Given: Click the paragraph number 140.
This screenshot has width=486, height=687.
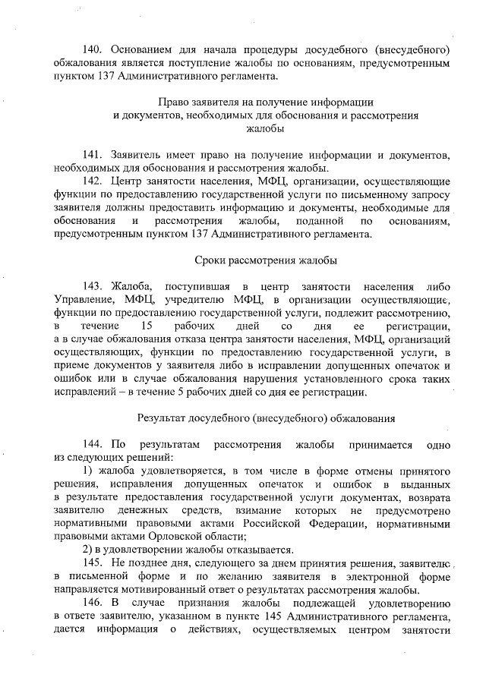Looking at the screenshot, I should [x=95, y=49].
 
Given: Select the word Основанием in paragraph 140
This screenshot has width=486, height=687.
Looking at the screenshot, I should [x=143, y=49].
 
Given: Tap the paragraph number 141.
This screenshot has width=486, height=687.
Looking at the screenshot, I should [x=95, y=154].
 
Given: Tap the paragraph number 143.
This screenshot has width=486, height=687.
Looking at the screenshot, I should [x=95, y=286].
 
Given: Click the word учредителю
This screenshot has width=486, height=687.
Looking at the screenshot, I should [x=191, y=300].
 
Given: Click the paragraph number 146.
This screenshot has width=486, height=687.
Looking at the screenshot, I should [x=95, y=602].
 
